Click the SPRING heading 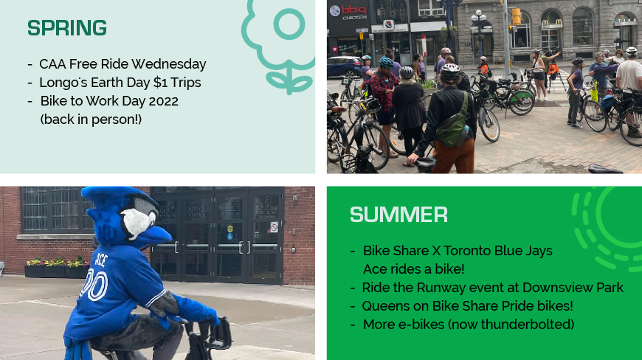click(66, 28)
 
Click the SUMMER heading click(398, 215)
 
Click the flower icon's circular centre click(289, 24)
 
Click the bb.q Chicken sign click(348, 13)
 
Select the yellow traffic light click(517, 16)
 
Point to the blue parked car click(344, 66)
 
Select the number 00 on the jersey click(94, 285)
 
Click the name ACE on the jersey click(100, 260)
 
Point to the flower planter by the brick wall click(57, 268)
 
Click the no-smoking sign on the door click(274, 227)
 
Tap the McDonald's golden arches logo click(551, 22)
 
